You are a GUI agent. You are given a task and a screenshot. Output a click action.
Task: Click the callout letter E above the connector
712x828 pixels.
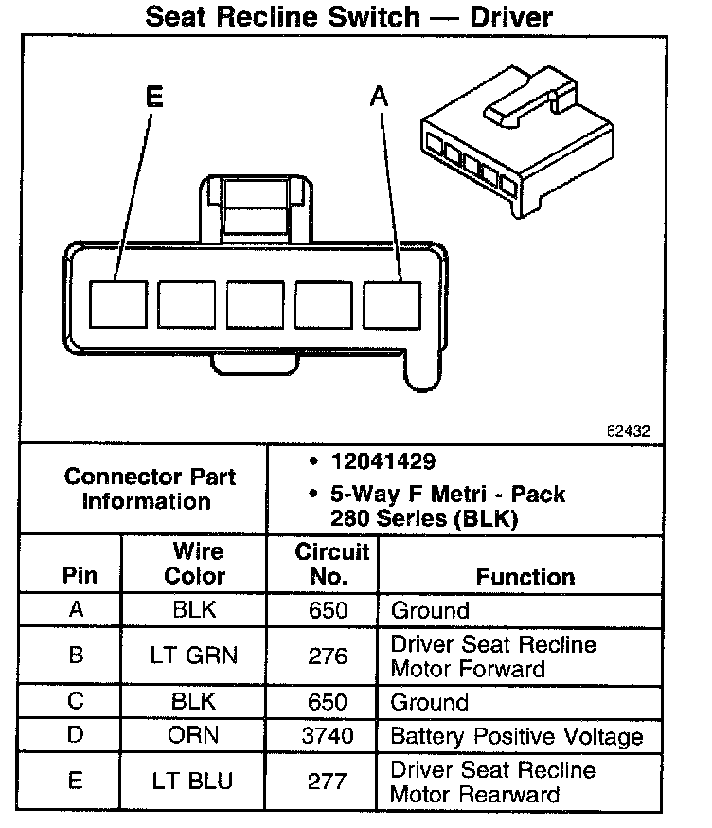point(155,97)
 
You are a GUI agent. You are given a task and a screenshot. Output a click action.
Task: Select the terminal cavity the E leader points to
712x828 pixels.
point(118,305)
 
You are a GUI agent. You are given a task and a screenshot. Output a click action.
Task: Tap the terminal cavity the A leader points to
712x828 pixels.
point(392,305)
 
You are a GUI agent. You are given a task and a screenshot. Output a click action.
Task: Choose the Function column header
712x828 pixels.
point(525,576)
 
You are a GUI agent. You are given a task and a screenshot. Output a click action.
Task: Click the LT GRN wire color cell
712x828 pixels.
point(195,656)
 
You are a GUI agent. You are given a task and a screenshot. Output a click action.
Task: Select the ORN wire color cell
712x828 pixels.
point(195,736)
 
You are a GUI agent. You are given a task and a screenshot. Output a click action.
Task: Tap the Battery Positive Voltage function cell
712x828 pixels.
point(517,736)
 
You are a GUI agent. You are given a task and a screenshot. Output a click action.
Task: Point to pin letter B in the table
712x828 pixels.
point(77,656)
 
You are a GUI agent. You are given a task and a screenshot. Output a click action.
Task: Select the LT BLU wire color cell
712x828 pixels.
point(193,782)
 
